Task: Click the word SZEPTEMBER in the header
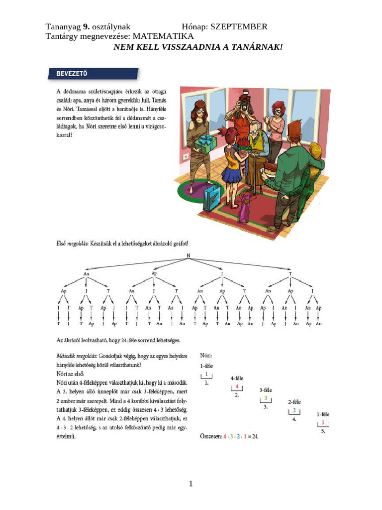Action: [239, 27]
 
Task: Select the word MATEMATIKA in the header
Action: [164, 36]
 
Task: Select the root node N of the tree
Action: [189, 255]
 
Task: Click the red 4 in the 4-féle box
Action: [237, 387]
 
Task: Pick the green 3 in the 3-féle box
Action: [266, 398]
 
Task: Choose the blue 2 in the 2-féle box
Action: [294, 410]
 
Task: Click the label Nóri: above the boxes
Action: [206, 356]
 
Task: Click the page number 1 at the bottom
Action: [191, 485]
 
